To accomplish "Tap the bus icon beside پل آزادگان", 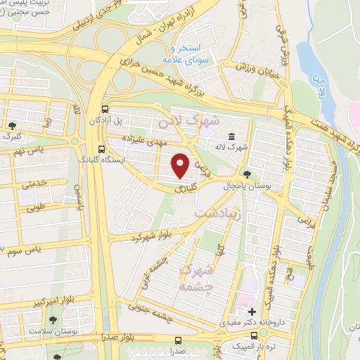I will coord(105,109).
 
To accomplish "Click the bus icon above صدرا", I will coord(174,337).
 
